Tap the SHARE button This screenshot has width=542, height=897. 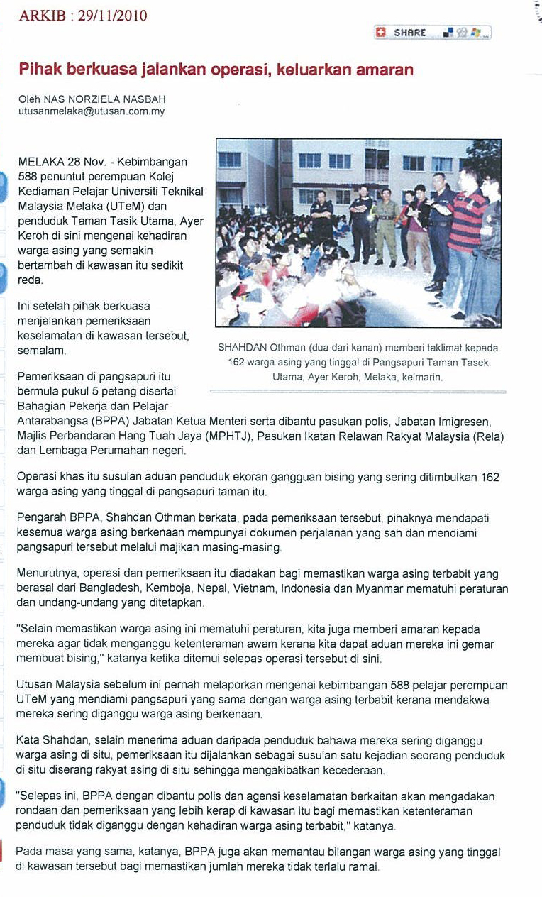click(x=410, y=33)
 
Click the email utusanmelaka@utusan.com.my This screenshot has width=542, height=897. click(x=92, y=112)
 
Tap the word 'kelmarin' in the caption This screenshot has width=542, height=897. click(x=421, y=378)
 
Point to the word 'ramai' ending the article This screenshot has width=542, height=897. click(x=363, y=866)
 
